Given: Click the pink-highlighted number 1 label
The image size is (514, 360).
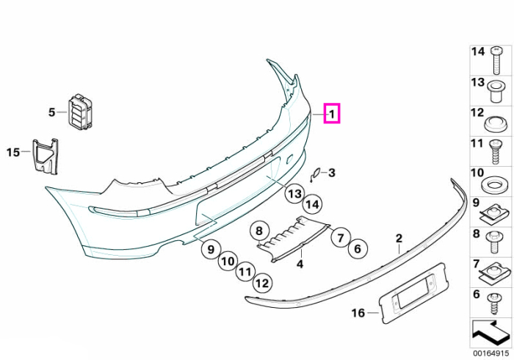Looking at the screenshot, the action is (x=332, y=113).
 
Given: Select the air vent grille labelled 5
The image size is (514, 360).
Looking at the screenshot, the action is (x=80, y=111).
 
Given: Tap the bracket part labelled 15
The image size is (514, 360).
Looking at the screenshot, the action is (x=46, y=156).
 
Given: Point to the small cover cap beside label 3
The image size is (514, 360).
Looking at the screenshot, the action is (x=315, y=174).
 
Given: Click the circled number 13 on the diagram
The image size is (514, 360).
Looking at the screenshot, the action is (x=294, y=194).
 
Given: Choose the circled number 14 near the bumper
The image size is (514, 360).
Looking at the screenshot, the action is (x=312, y=204).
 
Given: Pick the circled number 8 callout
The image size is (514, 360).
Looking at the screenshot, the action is (x=259, y=231).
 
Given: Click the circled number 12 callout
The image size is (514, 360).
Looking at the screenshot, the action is (x=262, y=283).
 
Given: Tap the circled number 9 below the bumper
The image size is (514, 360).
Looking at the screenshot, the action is (x=211, y=250).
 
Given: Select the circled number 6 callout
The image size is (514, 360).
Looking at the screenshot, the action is (x=358, y=248).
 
